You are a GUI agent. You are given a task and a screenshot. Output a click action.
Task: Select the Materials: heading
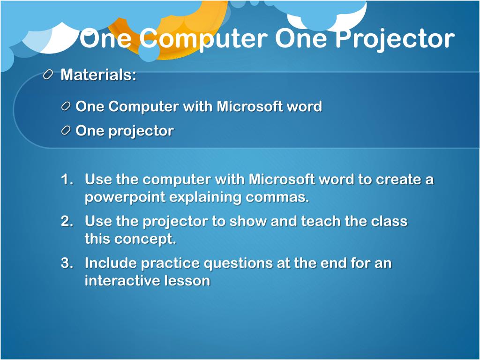coord(98,75)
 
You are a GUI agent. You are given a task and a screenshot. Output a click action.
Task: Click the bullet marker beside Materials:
coord(48,75)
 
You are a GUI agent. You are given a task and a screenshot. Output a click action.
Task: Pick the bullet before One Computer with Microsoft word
coord(66,106)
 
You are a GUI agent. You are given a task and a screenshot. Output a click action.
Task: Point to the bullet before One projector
coord(66,131)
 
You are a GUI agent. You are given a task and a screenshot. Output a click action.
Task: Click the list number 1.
coord(67,180)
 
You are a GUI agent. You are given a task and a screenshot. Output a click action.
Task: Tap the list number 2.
coord(67,221)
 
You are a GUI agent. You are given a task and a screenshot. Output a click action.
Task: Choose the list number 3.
coord(67,263)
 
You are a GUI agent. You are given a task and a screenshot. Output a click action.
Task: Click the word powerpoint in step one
coord(125,197)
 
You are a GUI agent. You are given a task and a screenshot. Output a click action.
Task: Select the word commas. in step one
coord(277,197)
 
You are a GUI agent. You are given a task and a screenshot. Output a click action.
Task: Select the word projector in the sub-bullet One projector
coord(141,131)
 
